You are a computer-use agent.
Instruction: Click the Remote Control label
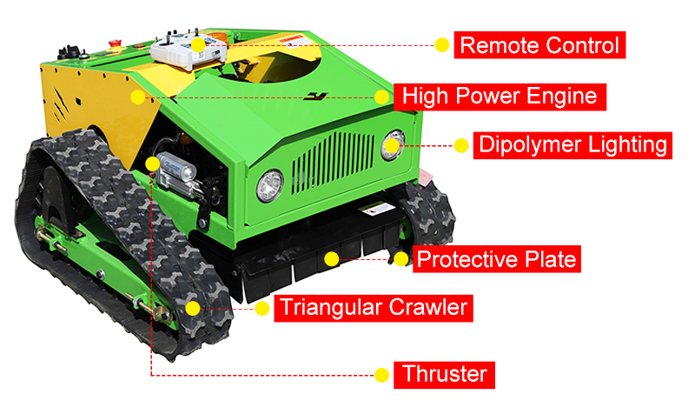(539, 45)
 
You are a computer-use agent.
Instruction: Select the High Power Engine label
(500, 97)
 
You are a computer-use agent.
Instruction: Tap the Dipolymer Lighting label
(573, 145)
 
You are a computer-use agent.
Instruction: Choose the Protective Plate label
(496, 259)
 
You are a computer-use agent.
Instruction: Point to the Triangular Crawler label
(374, 308)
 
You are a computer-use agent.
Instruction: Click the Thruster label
(444, 375)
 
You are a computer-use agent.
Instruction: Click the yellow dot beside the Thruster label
(381, 375)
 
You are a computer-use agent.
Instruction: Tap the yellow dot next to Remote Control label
(441, 45)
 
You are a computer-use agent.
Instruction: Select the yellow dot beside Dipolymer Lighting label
(461, 145)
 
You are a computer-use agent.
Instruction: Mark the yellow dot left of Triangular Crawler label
(262, 308)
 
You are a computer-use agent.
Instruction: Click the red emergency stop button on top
(115, 43)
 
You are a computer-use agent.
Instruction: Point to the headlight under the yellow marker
(393, 145)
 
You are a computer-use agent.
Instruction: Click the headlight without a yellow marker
(270, 186)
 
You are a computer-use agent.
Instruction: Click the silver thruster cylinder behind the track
(175, 171)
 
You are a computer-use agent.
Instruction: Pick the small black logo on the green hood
(315, 97)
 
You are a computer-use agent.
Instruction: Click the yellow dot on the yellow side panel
(138, 97)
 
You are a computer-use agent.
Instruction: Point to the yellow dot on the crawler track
(192, 308)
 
